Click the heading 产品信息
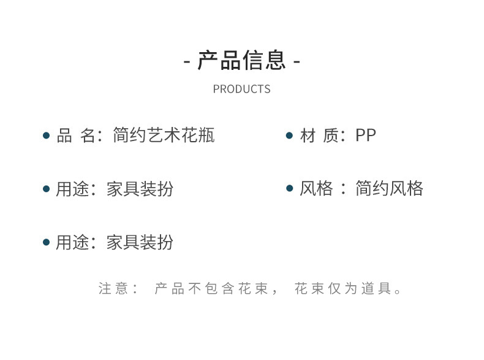pos(241,60)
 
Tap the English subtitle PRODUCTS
pos(241,90)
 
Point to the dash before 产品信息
pos(187,62)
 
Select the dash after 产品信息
pos(297,62)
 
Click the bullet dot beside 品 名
pos(46,136)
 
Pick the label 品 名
pos(76,136)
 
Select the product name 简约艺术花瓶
pos(164,136)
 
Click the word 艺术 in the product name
pos(164,136)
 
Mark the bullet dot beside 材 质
pos(290,136)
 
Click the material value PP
pos(366,136)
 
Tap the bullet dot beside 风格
pos(290,188)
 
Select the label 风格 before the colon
pos(316,188)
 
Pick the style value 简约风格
pos(389,188)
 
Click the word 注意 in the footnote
pos(113,288)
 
